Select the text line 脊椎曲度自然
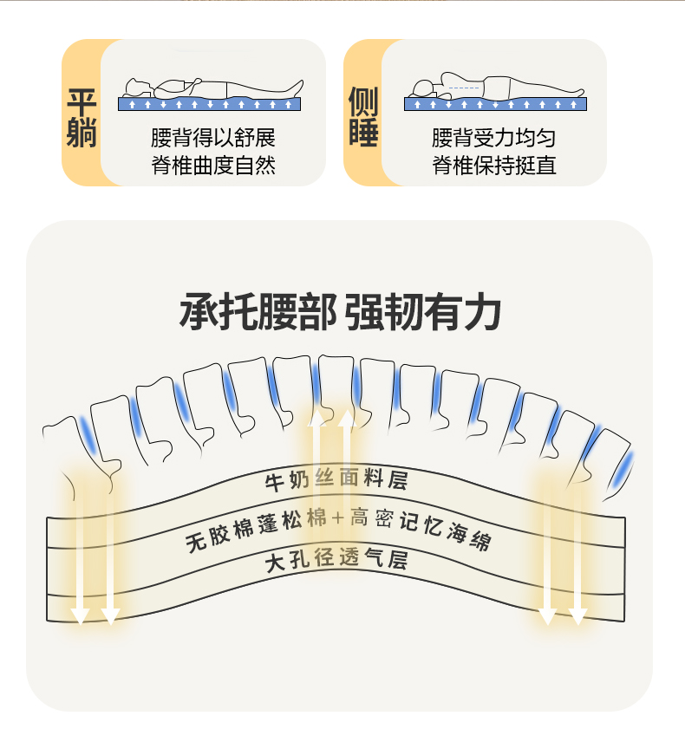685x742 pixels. (x=212, y=165)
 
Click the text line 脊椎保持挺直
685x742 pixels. (x=493, y=165)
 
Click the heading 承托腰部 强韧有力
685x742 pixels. (x=340, y=312)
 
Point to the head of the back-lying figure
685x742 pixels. (x=136, y=87)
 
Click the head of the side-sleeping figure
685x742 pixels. (x=422, y=87)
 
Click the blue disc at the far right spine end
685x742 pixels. (x=625, y=468)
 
